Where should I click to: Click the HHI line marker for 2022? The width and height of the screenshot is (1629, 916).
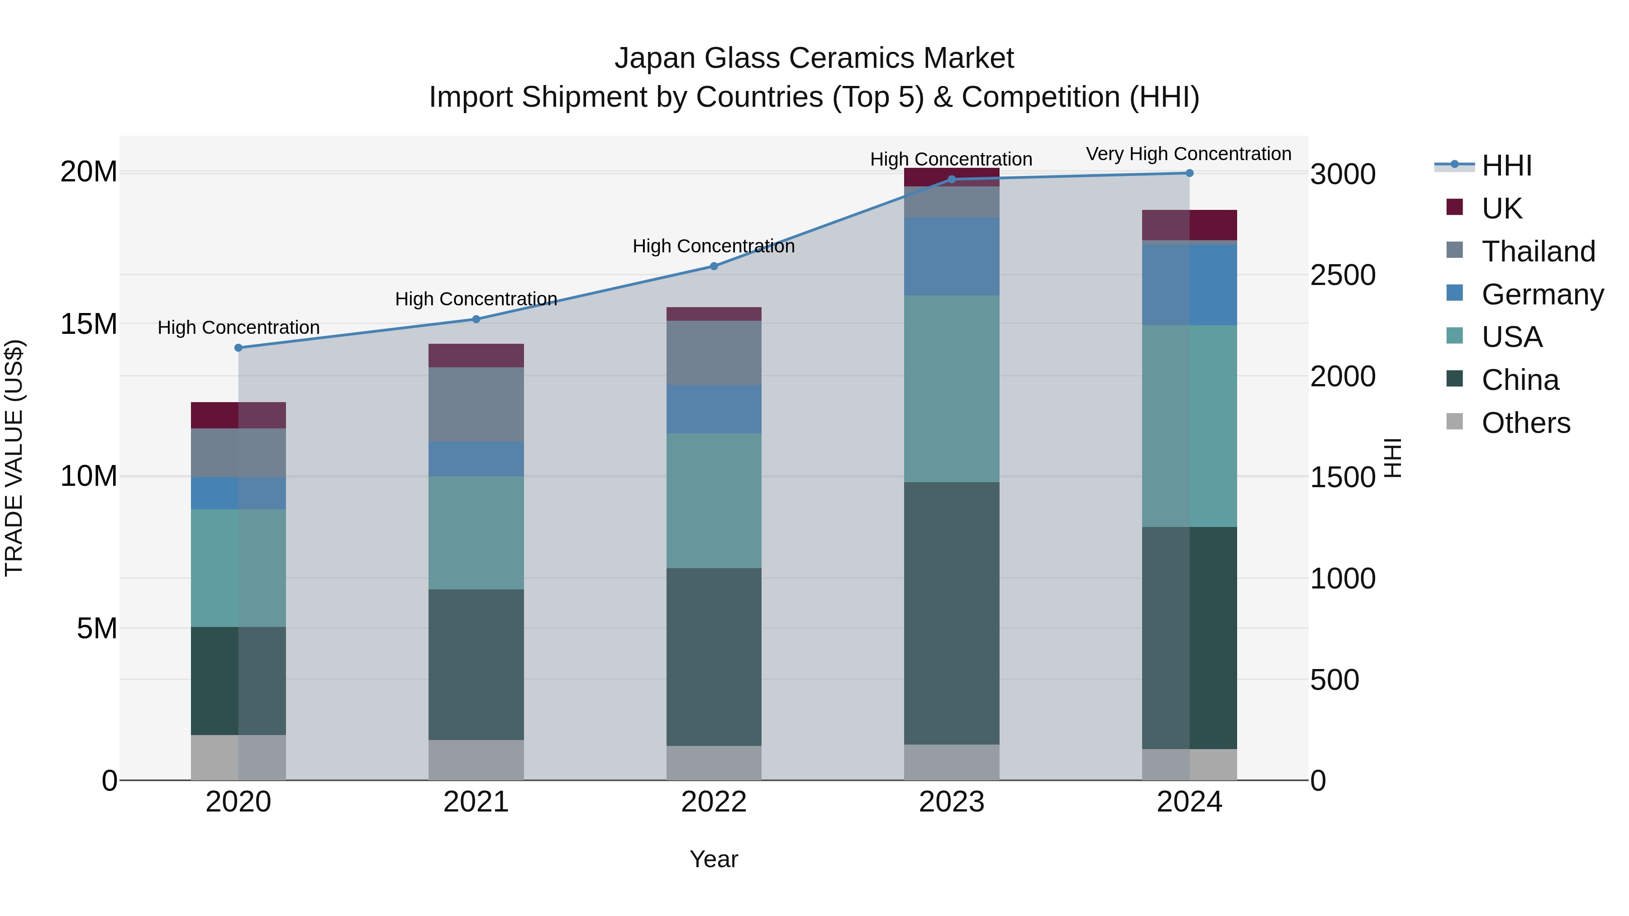pos(714,266)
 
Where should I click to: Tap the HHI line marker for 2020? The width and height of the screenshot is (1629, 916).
pos(238,348)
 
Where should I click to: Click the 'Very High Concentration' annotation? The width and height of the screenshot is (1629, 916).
pos(1188,154)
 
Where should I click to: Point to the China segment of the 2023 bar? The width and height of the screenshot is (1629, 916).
pos(952,613)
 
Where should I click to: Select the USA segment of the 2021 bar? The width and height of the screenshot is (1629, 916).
pos(476,532)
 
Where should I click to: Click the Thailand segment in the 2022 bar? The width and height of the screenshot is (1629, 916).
pos(714,353)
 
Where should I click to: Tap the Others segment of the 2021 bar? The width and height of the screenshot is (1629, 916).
pos(476,760)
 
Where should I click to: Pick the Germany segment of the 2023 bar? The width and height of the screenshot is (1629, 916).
pos(952,256)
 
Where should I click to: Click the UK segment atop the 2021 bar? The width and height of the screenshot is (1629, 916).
pos(476,355)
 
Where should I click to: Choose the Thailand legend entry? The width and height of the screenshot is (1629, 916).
pos(1538,252)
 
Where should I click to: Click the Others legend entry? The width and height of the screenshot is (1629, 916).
pos(1525,423)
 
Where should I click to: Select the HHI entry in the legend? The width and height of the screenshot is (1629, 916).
pos(1506,166)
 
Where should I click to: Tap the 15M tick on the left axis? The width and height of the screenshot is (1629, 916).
pos(89,324)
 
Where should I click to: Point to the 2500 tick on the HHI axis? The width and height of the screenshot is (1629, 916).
pos(1343,275)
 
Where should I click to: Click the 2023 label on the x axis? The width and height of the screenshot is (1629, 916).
pos(952,802)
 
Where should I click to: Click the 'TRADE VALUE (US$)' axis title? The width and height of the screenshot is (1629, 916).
pos(14,458)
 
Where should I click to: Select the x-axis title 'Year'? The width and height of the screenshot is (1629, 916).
pos(714,859)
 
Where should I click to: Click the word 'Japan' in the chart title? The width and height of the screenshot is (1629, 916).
pos(655,58)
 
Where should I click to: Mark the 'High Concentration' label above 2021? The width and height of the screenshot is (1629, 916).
pos(476,299)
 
